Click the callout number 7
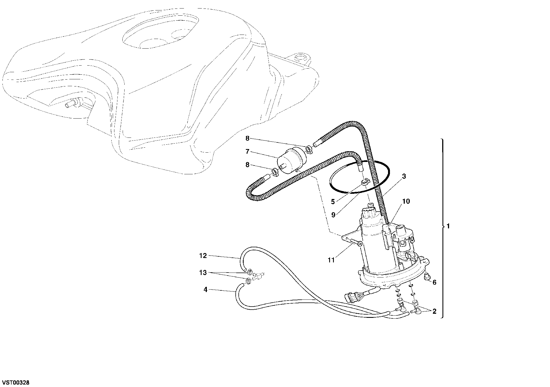click(x=248, y=152)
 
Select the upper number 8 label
click(x=248, y=138)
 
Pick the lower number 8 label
click(x=248, y=165)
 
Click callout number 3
click(x=404, y=176)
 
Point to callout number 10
click(x=406, y=201)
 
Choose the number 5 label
click(x=333, y=202)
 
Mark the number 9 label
click(x=333, y=215)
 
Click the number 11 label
click(x=331, y=260)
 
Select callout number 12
click(x=203, y=256)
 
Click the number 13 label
click(x=203, y=273)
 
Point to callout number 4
click(x=205, y=290)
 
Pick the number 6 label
click(x=435, y=282)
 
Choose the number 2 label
click(x=434, y=311)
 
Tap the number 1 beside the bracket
click(x=448, y=226)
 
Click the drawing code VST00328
click(x=16, y=382)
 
